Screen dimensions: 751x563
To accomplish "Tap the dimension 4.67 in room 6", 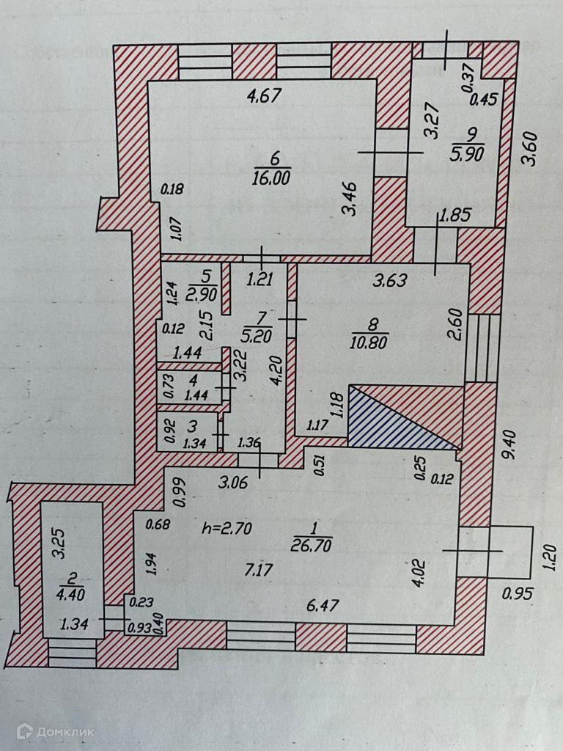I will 264,96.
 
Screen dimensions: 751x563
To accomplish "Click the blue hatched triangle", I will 389,424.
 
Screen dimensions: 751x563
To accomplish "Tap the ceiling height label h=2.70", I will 228,527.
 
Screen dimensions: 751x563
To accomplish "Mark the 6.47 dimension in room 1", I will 323,605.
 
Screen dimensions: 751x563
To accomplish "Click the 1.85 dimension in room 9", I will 455,216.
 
